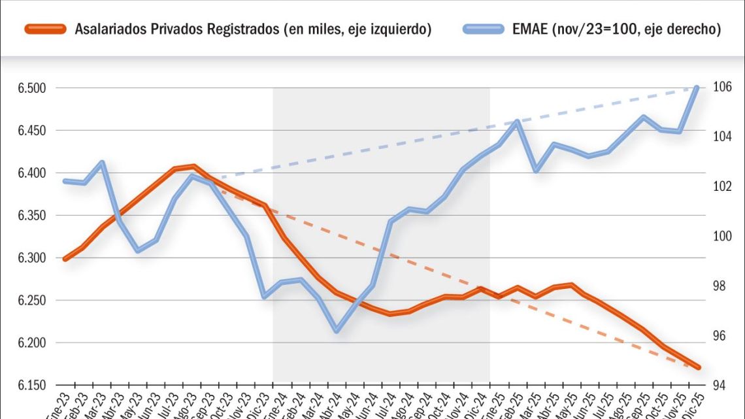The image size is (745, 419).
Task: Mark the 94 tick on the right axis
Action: [720, 385]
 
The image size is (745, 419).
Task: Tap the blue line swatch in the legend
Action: [484, 29]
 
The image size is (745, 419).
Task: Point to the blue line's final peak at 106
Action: [697, 88]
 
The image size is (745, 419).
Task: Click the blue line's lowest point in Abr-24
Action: [337, 331]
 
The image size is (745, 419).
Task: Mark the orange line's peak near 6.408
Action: [193, 166]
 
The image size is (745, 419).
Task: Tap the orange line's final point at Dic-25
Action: [698, 367]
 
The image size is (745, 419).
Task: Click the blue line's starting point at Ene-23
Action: [65, 181]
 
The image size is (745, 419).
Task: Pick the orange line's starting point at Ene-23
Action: [65, 259]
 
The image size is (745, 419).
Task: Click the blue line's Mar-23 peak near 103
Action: [101, 162]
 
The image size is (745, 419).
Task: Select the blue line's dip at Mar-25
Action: [536, 171]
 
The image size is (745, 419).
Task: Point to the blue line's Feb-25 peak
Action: [518, 121]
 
